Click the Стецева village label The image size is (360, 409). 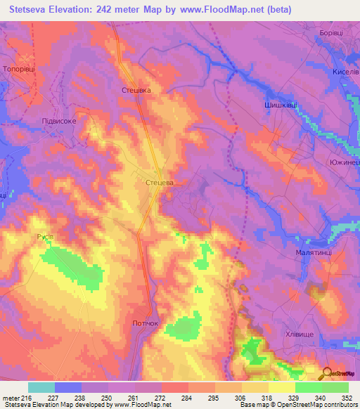point(158,182)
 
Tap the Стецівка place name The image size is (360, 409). point(136,90)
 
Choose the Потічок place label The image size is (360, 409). point(147,323)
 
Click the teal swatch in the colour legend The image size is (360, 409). point(41,387)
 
